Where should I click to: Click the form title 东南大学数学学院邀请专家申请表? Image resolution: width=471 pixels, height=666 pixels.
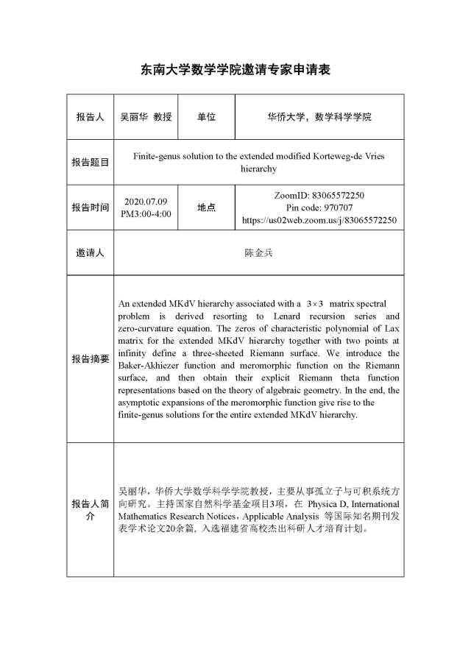pyautogui.click(x=235, y=70)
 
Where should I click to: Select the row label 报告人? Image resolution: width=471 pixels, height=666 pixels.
pyautogui.click(x=90, y=117)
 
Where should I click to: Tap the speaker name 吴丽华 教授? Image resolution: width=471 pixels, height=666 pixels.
pyautogui.click(x=146, y=117)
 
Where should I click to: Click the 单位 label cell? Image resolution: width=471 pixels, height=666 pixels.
pyautogui.click(x=206, y=117)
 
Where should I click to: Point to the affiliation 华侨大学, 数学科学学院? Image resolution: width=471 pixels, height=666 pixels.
pyautogui.click(x=319, y=117)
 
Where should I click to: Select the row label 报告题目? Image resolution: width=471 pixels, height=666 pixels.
pyautogui.click(x=90, y=162)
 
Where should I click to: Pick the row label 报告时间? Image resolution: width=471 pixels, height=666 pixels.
pyautogui.click(x=90, y=208)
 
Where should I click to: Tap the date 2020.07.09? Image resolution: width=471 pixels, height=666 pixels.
pyautogui.click(x=146, y=201)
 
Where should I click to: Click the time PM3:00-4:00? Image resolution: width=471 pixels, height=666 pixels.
pyautogui.click(x=146, y=213)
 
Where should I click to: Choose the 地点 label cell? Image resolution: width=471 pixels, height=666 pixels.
pyautogui.click(x=206, y=208)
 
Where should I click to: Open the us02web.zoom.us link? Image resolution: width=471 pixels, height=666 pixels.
pyautogui.click(x=319, y=220)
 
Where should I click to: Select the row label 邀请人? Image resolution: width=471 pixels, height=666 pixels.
pyautogui.click(x=90, y=252)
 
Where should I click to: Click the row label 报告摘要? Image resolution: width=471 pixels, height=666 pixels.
pyautogui.click(x=90, y=359)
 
